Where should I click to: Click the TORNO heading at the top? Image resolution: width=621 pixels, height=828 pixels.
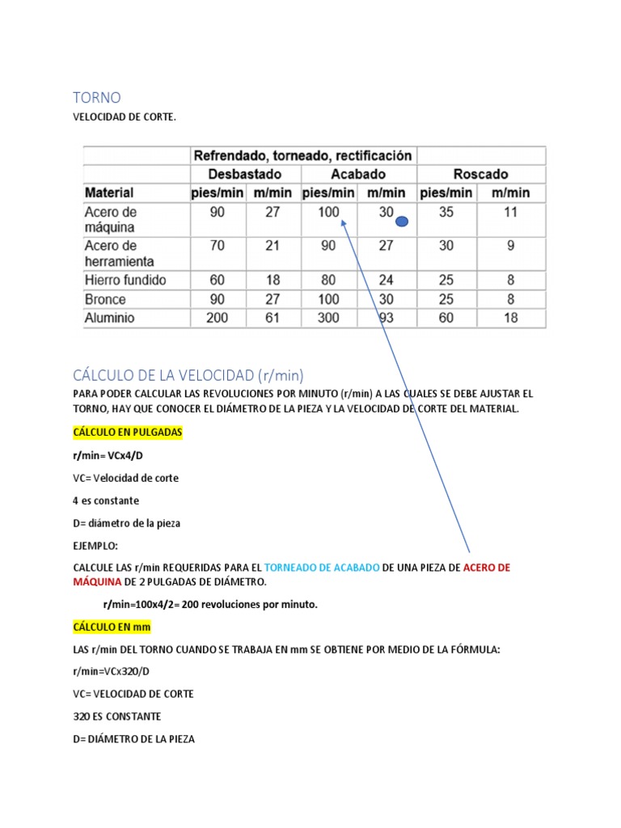tap(97, 98)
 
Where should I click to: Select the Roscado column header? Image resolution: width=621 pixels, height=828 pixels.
tap(480, 174)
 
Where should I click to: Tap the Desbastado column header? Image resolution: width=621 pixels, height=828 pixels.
tap(245, 174)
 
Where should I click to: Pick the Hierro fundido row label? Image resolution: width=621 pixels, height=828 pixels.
tap(125, 280)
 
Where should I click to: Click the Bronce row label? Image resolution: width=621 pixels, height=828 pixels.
tap(105, 299)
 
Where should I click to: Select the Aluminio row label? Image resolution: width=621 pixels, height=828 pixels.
tap(109, 318)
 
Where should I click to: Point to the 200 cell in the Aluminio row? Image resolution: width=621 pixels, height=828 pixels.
tap(217, 318)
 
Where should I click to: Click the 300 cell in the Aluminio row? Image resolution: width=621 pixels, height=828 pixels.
tap(328, 318)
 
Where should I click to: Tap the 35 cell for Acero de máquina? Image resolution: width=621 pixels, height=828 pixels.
tap(446, 213)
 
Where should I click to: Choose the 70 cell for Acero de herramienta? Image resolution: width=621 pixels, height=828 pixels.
tap(217, 245)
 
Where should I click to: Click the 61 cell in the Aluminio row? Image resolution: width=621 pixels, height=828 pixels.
tap(273, 318)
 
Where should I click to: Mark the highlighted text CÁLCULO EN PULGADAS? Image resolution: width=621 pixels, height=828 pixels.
tap(128, 433)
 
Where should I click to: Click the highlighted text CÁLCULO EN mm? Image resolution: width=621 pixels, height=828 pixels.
tap(112, 627)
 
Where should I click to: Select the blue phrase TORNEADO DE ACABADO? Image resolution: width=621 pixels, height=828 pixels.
tap(322, 568)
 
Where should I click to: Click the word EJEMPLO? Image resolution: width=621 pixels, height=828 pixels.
tap(95, 546)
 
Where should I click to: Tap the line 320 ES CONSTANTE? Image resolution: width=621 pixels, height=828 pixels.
tap(117, 716)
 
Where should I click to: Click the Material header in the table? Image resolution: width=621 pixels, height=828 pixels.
tap(109, 192)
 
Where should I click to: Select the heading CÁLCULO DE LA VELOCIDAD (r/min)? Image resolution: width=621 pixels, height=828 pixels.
tap(188, 375)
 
